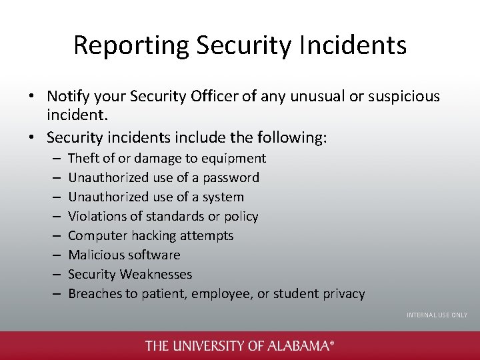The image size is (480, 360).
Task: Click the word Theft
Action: (x=83, y=159)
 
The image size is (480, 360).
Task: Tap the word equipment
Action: (x=234, y=159)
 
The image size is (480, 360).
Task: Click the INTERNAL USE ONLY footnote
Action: (x=437, y=315)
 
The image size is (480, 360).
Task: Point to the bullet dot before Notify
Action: (x=31, y=97)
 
